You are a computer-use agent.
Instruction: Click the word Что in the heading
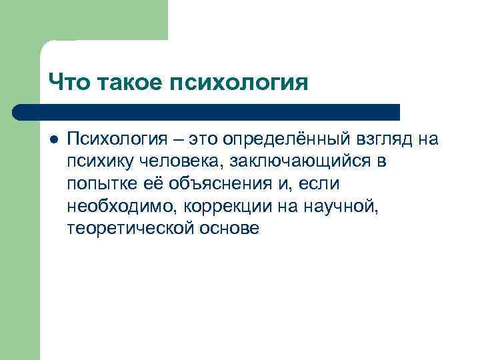point(70,83)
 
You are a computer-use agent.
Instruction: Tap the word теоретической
point(129,229)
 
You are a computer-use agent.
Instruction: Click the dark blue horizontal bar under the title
point(207,111)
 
